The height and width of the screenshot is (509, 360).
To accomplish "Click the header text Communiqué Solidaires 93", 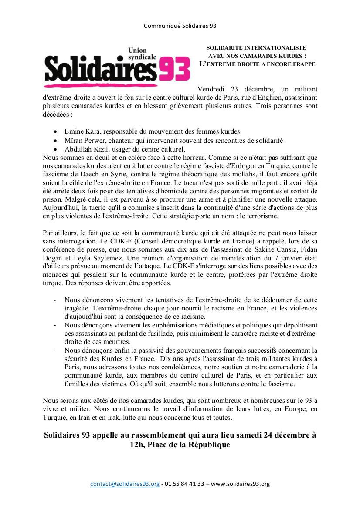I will tap(180, 26).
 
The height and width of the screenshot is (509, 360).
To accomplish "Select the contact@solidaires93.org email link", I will tap(125, 484).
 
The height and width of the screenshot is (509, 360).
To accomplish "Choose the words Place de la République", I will tap(190, 445).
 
